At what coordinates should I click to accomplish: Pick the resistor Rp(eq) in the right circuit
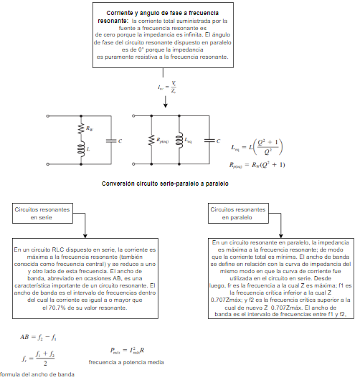click(151, 141)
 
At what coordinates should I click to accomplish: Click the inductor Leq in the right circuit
click(181, 141)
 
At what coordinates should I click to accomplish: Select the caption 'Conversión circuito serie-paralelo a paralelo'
click(165, 184)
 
